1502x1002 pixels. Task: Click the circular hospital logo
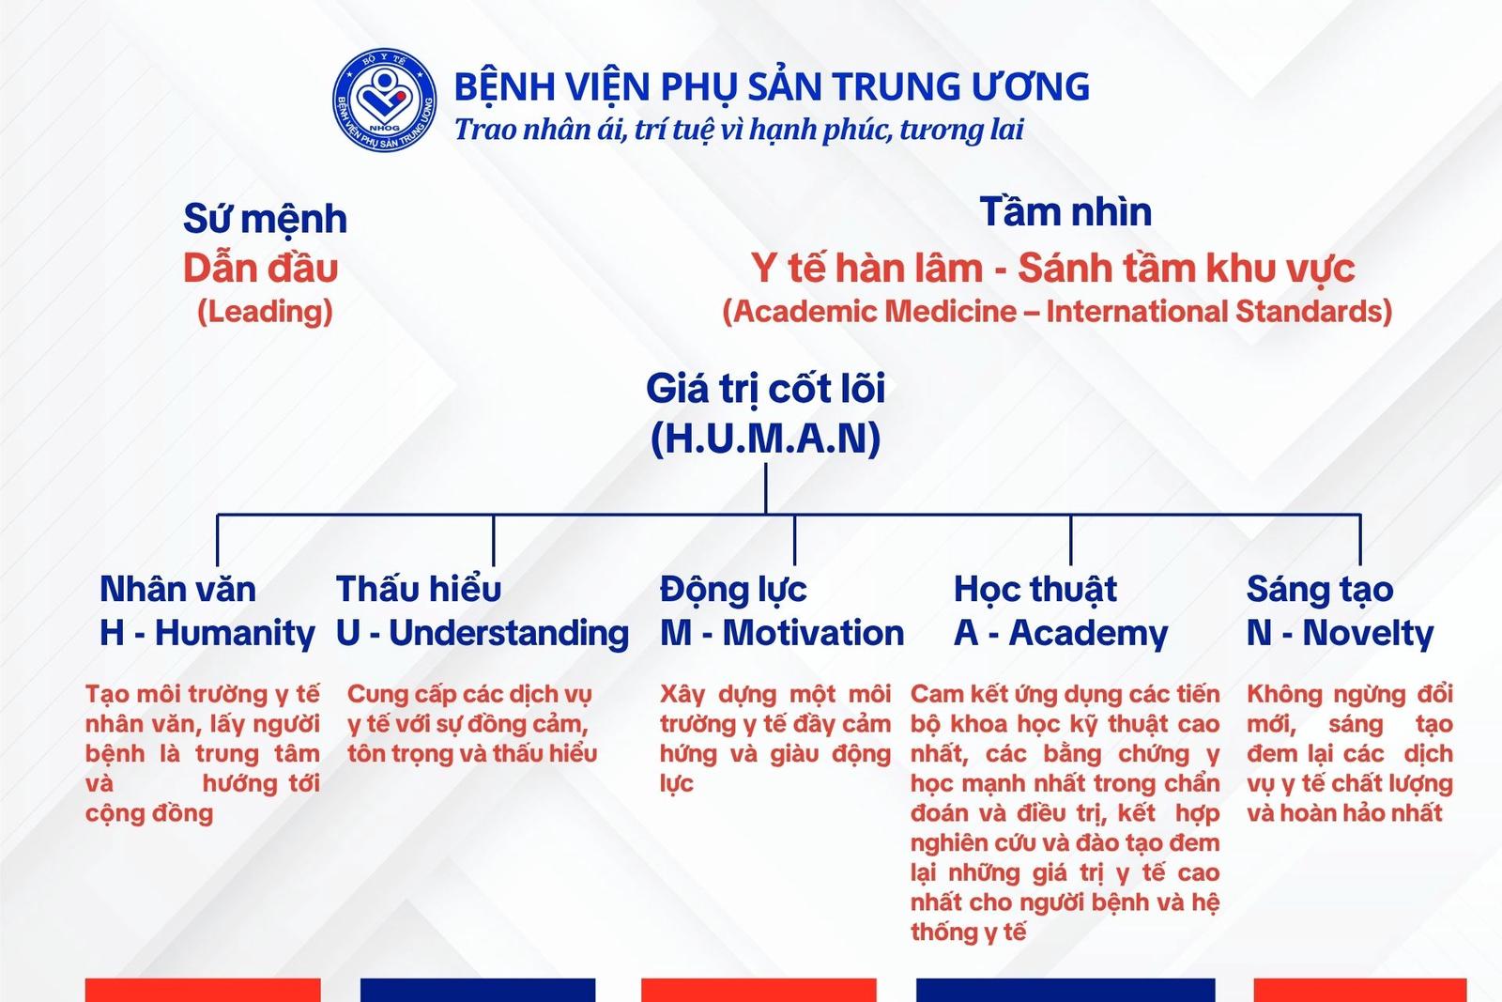pyautogui.click(x=384, y=100)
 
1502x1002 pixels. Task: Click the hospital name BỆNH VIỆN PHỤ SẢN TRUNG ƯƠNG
pyautogui.click(x=772, y=86)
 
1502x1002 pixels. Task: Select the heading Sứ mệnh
pyautogui.click(x=265, y=220)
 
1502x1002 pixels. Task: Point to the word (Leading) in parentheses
pyautogui.click(x=265, y=312)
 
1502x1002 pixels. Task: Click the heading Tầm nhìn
pyautogui.click(x=1065, y=211)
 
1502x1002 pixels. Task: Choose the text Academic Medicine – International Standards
pyautogui.click(x=1057, y=312)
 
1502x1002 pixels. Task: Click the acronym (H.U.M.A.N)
pyautogui.click(x=766, y=439)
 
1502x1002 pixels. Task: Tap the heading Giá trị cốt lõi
pyautogui.click(x=766, y=389)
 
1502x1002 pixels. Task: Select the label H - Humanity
pyautogui.click(x=207, y=634)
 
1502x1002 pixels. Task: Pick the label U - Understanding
pyautogui.click(x=483, y=634)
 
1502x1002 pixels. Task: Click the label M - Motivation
pyautogui.click(x=782, y=633)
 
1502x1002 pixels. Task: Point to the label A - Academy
pyautogui.click(x=1061, y=634)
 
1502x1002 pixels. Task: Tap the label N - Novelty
pyautogui.click(x=1340, y=634)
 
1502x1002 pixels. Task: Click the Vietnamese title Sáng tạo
pyautogui.click(x=1320, y=590)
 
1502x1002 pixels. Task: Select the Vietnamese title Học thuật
pyautogui.click(x=1035, y=590)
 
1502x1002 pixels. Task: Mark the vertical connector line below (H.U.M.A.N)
pyautogui.click(x=766, y=488)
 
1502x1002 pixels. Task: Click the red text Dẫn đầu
pyautogui.click(x=261, y=269)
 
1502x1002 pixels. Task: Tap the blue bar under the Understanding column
pyautogui.click(x=478, y=990)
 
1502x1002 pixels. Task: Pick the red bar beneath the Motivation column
pyautogui.click(x=759, y=990)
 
